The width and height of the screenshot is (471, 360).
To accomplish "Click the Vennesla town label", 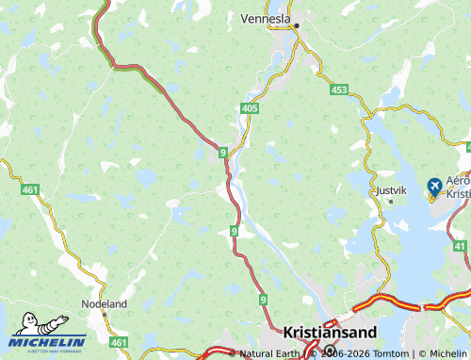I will pyautogui.click(x=267, y=18).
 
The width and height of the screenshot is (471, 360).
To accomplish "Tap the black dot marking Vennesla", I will pyautogui.click(x=296, y=25).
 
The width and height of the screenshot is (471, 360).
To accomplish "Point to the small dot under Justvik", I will pyautogui.click(x=390, y=201).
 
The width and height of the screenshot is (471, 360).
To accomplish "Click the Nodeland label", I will pyautogui.click(x=106, y=305).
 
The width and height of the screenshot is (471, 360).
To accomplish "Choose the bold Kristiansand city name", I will pyautogui.click(x=330, y=332).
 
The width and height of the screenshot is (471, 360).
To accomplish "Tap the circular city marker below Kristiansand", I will pyautogui.click(x=330, y=350).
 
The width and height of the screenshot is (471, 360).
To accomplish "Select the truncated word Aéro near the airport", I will pyautogui.click(x=458, y=180).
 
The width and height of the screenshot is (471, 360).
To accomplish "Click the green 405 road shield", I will pyautogui.click(x=249, y=110).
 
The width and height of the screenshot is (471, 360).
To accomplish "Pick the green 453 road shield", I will pyautogui.click(x=339, y=90).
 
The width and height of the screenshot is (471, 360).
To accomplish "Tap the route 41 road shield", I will pyautogui.click(x=460, y=246).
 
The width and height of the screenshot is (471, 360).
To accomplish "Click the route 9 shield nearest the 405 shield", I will pyautogui.click(x=222, y=151).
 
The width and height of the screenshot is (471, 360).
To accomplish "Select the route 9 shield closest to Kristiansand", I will pyautogui.click(x=263, y=299).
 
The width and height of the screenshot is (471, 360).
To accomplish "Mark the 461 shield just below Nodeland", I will pyautogui.click(x=118, y=341).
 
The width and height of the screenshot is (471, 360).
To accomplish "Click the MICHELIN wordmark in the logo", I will pyautogui.click(x=49, y=341).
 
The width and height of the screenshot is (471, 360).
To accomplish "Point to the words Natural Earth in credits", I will pyautogui.click(x=270, y=353).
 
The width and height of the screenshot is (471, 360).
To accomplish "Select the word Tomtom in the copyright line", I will pyautogui.click(x=393, y=353).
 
